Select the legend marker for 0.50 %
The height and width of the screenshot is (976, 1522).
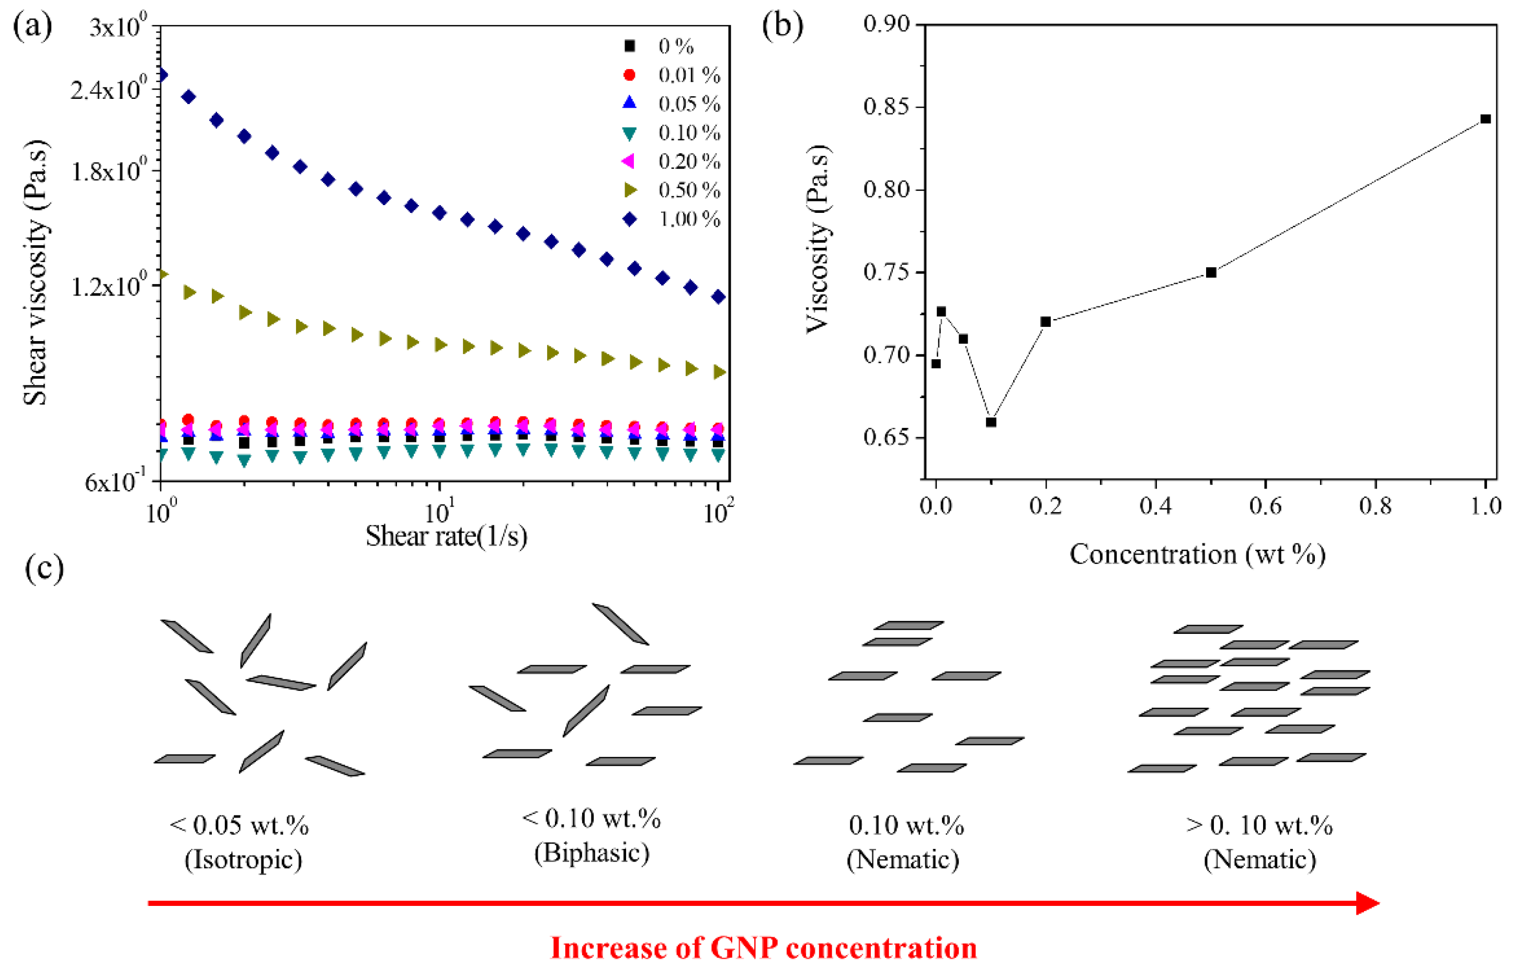(x=630, y=190)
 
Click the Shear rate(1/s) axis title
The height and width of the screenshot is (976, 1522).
(x=447, y=537)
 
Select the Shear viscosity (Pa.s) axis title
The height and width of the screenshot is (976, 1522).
(x=36, y=273)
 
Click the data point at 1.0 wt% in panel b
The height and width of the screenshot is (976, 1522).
(x=1485, y=119)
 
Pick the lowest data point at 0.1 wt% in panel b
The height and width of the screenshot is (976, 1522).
(x=991, y=422)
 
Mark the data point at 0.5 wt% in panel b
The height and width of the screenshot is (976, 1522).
(x=1211, y=273)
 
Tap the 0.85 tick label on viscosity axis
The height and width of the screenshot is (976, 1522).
(x=886, y=107)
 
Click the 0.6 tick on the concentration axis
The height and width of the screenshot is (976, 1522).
(x=1265, y=506)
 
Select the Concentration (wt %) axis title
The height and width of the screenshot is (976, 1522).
(x=1198, y=554)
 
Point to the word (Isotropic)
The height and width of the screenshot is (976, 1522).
(x=243, y=860)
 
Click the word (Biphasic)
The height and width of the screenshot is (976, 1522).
(x=591, y=853)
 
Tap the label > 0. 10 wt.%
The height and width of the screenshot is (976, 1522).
(x=1259, y=825)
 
